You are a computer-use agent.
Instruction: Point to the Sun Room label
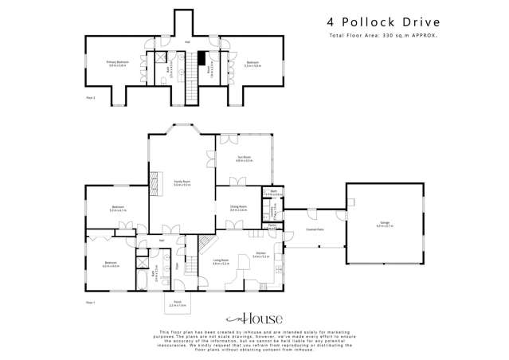(245, 158)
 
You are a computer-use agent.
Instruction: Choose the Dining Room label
(238, 209)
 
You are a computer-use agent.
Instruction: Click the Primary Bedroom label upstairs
(117, 65)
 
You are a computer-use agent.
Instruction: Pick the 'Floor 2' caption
(90, 97)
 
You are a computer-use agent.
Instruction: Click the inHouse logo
(254, 318)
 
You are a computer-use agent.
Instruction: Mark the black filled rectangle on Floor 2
(203, 57)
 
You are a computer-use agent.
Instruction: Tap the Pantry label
(272, 225)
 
